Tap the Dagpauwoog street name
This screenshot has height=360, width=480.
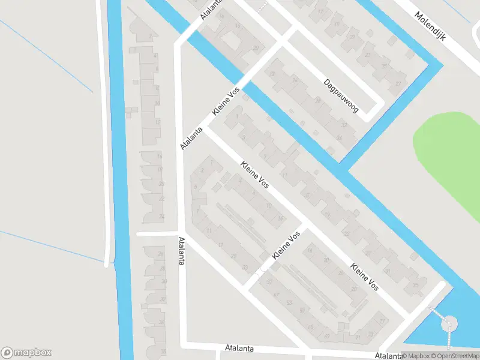pyautogui.click(x=341, y=96)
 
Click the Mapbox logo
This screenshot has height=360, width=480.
pyautogui.click(x=26, y=352)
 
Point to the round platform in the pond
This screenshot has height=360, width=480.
pyautogui.click(x=448, y=325)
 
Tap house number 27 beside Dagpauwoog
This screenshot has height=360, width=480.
pyautogui.click(x=398, y=84)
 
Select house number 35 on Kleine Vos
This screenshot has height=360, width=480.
pyautogui.click(x=416, y=285)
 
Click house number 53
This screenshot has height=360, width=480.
pyautogui.click(x=290, y=302)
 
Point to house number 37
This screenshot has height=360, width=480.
pyautogui.click(x=269, y=281)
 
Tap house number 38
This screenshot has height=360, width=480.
pyautogui.click(x=163, y=352)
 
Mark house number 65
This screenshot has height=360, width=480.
pyautogui.click(x=310, y=327)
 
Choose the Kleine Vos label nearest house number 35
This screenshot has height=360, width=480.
pyautogui.click(x=365, y=277)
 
